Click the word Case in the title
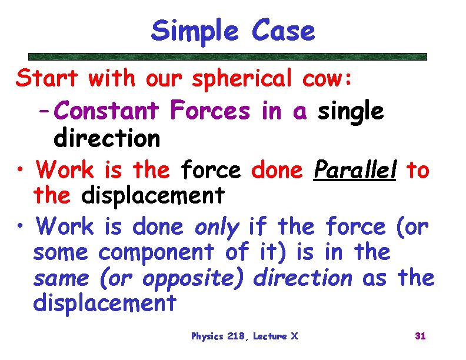point(283,31)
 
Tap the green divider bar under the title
point(227,57)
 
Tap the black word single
point(351,110)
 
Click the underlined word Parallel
point(355,171)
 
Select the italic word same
point(62,278)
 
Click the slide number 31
point(420,336)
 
